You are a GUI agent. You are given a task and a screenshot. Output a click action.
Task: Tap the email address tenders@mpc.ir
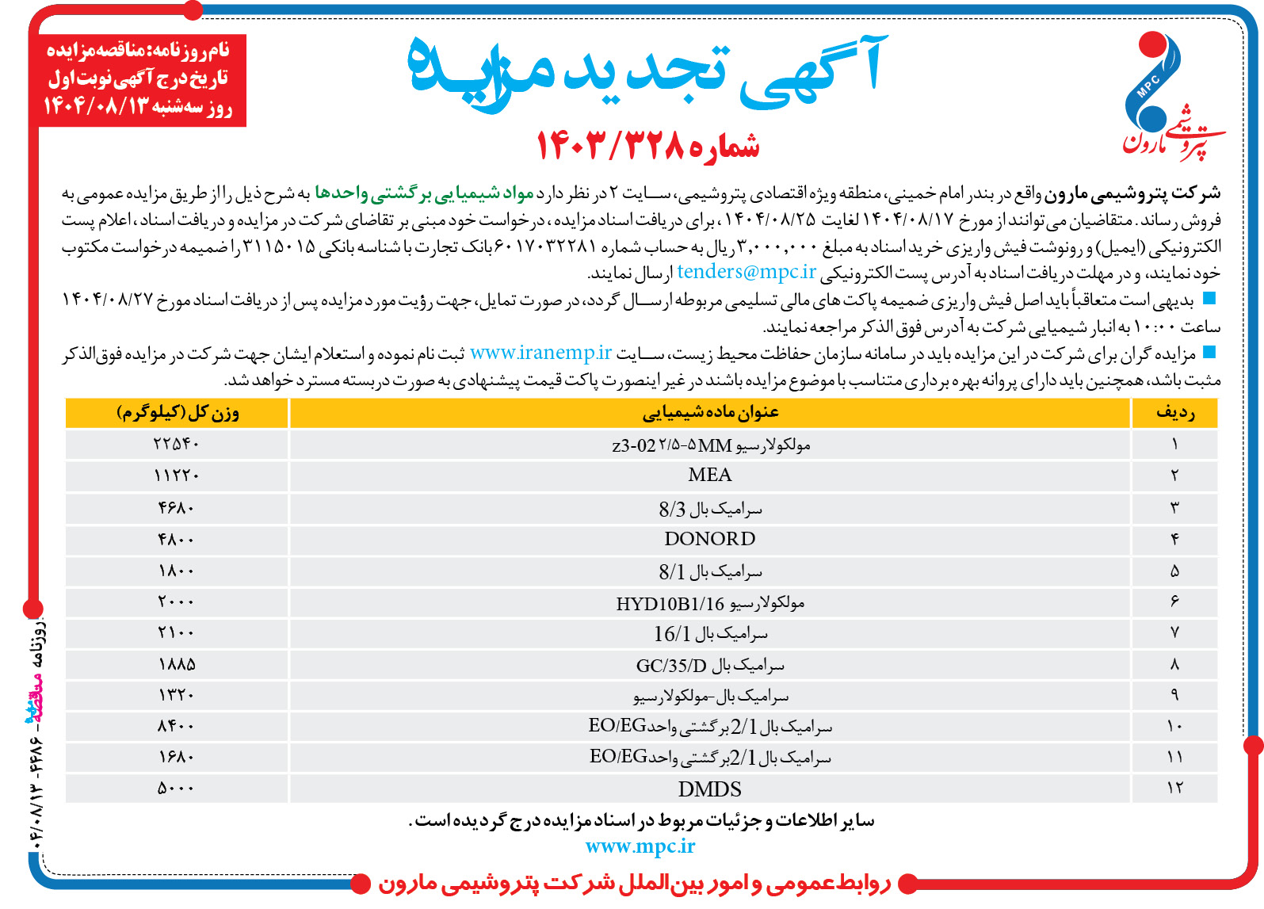746,272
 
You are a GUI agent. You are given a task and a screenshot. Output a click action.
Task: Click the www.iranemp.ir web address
540,353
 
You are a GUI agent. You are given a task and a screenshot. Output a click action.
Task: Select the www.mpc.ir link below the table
640,846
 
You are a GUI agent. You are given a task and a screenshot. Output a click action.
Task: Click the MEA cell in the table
709,476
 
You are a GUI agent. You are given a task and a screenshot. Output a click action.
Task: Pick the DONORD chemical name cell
709,539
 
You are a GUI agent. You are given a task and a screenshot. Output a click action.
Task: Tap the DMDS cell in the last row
709,789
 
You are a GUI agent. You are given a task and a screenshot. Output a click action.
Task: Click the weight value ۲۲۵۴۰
176,444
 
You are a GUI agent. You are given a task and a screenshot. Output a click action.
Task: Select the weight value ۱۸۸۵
176,664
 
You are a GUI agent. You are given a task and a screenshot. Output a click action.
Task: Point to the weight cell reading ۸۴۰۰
176,726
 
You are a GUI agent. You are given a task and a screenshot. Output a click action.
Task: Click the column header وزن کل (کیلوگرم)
178,413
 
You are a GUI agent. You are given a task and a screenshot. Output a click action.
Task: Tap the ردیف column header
1174,413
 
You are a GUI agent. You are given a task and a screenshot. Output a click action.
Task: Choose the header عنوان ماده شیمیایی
709,413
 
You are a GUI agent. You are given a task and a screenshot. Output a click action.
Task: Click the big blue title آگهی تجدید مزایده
646,71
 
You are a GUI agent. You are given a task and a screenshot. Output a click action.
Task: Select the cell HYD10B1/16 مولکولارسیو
709,603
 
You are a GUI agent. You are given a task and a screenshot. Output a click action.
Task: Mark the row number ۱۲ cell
1174,788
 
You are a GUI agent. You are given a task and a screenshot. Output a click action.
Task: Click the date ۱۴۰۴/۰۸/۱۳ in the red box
95,106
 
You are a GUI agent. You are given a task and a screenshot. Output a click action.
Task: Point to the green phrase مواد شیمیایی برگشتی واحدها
424,193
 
